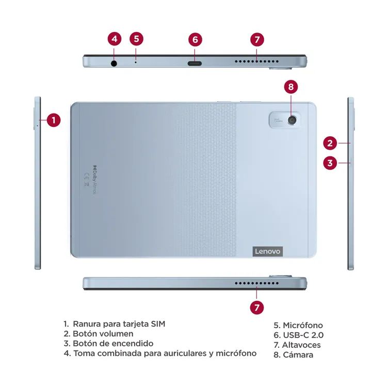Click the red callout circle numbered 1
coord(54,120)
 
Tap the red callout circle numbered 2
coord(331,143)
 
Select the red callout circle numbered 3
coord(331,163)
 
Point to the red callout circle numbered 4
coord(115,39)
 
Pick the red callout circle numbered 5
coord(136,39)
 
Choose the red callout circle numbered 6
coord(195,39)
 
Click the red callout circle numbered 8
coord(291,87)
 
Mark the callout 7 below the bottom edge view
coord(257,307)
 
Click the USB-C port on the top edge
coord(195,63)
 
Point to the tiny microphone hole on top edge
coord(136,63)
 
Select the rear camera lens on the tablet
coord(293,120)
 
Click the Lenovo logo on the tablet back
coord(268,251)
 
